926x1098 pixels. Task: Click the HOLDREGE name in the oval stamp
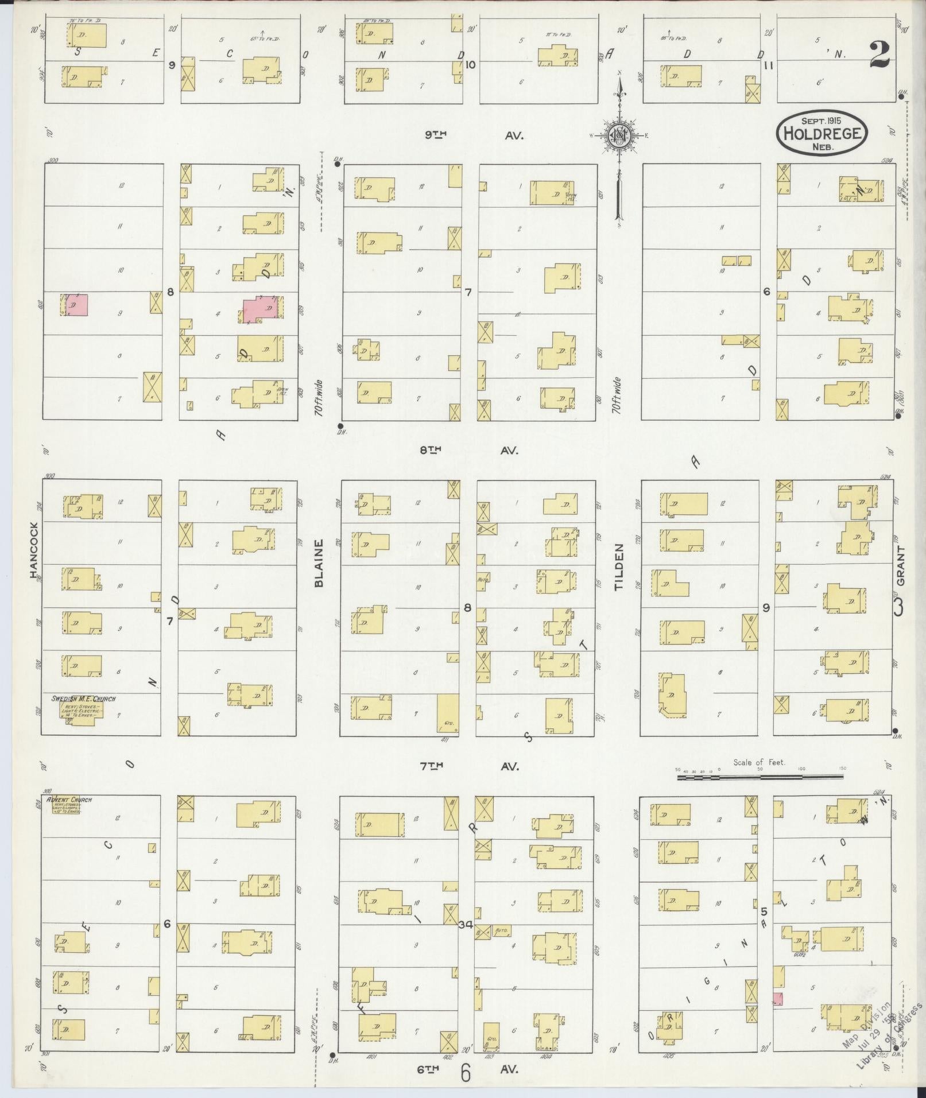click(x=822, y=134)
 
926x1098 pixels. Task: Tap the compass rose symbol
click(x=619, y=135)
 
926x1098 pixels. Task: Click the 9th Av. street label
click(x=471, y=135)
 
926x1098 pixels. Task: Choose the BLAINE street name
click(x=319, y=562)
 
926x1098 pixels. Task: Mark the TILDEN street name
click(x=618, y=567)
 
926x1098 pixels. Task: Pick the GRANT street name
click(x=900, y=565)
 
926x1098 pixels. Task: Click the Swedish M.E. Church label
click(x=83, y=699)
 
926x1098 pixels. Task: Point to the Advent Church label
click(x=69, y=800)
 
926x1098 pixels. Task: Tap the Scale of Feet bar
click(x=760, y=778)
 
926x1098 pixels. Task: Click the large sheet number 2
click(x=879, y=55)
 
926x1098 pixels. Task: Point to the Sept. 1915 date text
click(x=822, y=121)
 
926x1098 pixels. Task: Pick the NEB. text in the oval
click(x=822, y=147)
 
